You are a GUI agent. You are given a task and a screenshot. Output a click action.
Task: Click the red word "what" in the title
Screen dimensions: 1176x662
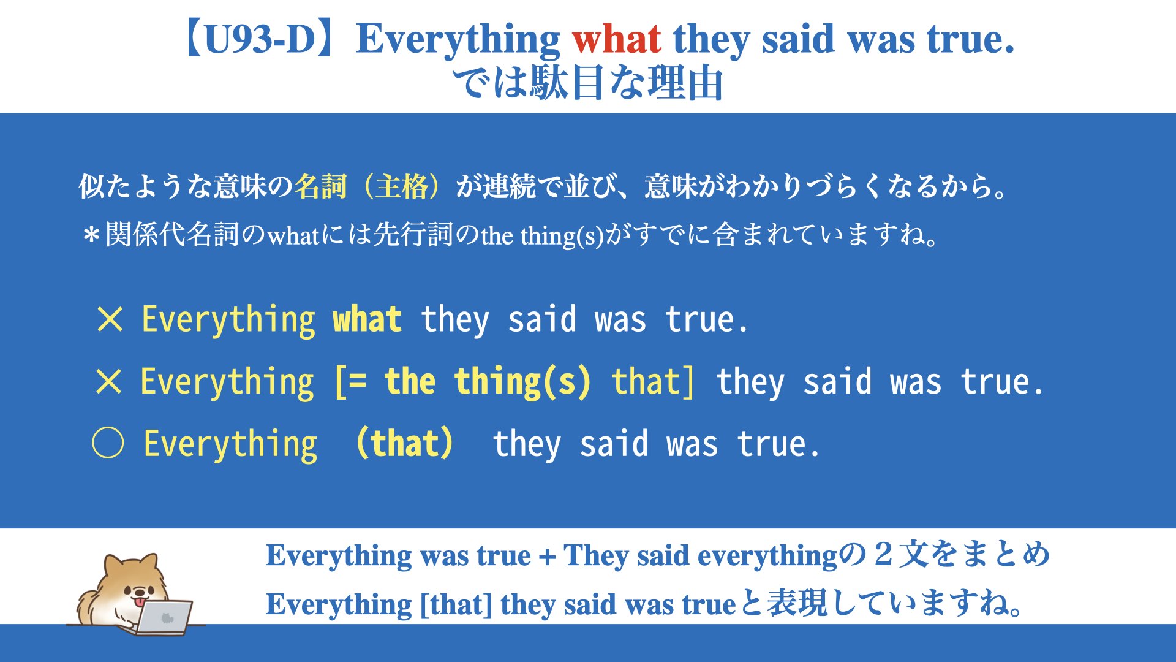(x=616, y=39)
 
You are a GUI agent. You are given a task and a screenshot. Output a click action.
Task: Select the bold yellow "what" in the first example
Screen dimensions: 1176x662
(x=367, y=319)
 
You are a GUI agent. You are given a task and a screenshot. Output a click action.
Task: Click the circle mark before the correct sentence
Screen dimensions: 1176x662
(x=108, y=443)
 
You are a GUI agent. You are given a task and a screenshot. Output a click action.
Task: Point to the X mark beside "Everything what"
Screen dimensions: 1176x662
(x=110, y=319)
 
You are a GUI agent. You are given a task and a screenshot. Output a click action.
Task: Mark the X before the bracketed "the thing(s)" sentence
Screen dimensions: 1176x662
(x=109, y=381)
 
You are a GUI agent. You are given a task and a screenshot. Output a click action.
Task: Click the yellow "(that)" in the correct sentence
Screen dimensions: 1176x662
(x=404, y=443)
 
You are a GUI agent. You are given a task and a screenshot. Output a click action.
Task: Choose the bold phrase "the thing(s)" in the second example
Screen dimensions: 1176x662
(x=488, y=381)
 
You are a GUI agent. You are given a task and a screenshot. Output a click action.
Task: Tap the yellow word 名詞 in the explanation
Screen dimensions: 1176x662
(x=320, y=186)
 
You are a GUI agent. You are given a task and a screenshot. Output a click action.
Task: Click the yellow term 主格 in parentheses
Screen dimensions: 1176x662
(x=402, y=186)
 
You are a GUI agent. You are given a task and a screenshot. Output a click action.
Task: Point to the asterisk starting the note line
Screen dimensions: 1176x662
(x=92, y=235)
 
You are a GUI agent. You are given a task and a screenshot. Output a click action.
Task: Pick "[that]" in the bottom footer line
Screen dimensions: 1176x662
(x=456, y=604)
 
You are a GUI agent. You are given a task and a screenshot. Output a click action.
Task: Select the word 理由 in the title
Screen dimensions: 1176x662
(x=685, y=83)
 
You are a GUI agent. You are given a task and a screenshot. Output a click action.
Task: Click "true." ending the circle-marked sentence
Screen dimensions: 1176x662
(x=778, y=444)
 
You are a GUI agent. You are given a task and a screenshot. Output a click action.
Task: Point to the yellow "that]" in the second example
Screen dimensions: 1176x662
(x=654, y=381)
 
